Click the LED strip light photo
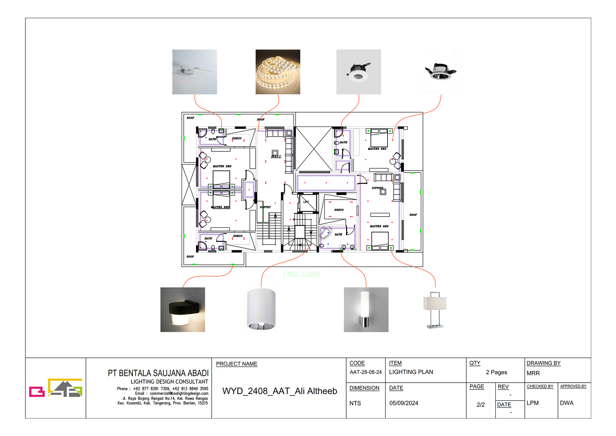point(278,72)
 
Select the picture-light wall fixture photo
point(194,72)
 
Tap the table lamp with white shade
point(435,310)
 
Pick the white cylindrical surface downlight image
point(261,309)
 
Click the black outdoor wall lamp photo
point(183,309)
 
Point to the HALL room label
point(276,157)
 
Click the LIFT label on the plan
point(306,202)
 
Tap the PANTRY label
point(265,207)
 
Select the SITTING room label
point(377,188)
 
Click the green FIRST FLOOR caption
point(301,274)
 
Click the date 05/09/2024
point(404,403)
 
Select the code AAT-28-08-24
point(365,372)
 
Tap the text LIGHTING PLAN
point(411,372)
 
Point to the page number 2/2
point(480,405)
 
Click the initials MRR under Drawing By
point(533,373)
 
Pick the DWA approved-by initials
point(566,403)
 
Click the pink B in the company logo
point(37,392)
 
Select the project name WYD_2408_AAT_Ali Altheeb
point(279,391)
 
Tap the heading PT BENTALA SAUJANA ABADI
point(158,373)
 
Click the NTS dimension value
point(355,403)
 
